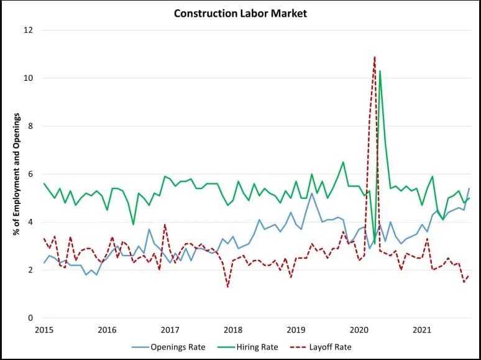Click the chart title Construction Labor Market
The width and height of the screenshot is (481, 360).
[240, 13]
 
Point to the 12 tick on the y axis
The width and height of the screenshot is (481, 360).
[29, 30]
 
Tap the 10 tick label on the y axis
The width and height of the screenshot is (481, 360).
[29, 78]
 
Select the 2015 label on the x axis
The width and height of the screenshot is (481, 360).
[44, 330]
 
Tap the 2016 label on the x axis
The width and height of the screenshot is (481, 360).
[107, 330]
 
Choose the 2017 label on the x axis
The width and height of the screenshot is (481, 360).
[170, 330]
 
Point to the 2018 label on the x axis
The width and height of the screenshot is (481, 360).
[233, 330]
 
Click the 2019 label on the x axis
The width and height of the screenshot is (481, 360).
[296, 330]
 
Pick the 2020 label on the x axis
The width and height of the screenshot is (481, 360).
[359, 330]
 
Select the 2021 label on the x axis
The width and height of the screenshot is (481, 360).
[422, 330]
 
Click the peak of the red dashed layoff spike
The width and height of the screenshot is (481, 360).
[374, 57]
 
